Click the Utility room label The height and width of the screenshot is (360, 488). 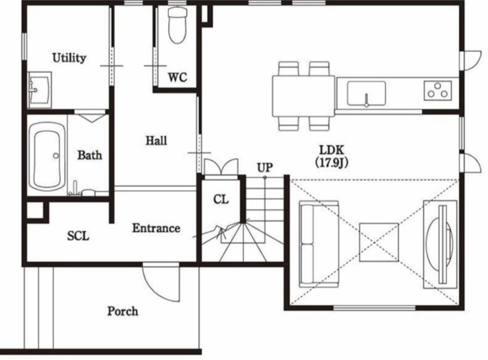pyautogui.click(x=69, y=58)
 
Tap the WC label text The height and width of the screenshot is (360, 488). pyautogui.click(x=177, y=77)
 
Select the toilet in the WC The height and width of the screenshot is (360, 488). pyautogui.click(x=177, y=25)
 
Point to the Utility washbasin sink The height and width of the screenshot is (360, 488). pyautogui.click(x=39, y=90)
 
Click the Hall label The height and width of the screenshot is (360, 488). pyautogui.click(x=156, y=141)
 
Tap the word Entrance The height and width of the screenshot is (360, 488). pyautogui.click(x=156, y=228)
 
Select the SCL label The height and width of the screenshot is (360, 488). pyautogui.click(x=78, y=236)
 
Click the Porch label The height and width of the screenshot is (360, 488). pyautogui.click(x=123, y=311)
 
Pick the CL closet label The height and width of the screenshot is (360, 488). pyautogui.click(x=221, y=199)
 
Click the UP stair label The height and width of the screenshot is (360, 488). pyautogui.click(x=265, y=168)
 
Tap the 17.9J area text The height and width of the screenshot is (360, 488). pyautogui.click(x=331, y=163)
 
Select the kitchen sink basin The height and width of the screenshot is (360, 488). pyautogui.click(x=366, y=93)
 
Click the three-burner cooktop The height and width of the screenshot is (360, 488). pyautogui.click(x=438, y=90)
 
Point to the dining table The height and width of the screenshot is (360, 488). pyautogui.click(x=304, y=96)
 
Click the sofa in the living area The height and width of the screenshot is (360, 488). pyautogui.click(x=319, y=244)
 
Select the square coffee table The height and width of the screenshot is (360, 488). pyautogui.click(x=379, y=242)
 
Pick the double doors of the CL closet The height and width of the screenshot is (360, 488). pyautogui.click(x=221, y=167)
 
